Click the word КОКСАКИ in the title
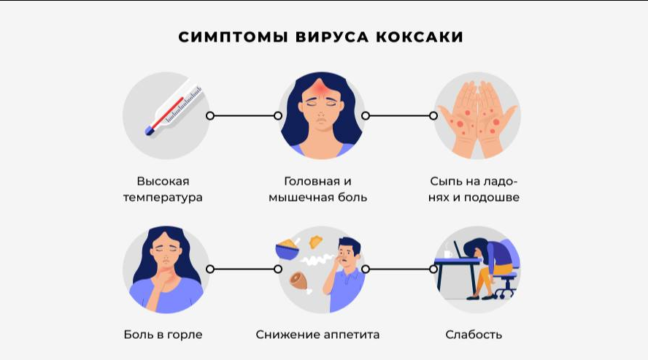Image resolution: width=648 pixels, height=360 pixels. (x=419, y=37)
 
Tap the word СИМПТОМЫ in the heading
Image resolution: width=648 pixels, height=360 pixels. (x=233, y=37)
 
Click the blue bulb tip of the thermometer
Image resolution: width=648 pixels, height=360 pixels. (x=150, y=131)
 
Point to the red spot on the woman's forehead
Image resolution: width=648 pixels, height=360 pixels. (x=321, y=88)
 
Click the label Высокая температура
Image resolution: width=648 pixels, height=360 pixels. (x=163, y=189)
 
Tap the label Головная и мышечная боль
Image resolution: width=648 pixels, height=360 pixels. (x=318, y=189)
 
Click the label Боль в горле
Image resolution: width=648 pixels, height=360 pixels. (x=163, y=334)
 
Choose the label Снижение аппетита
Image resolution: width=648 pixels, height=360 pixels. (x=317, y=334)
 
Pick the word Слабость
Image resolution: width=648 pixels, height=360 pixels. (x=474, y=334)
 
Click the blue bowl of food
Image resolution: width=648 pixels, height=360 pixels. (x=288, y=250)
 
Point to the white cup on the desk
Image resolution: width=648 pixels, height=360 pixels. (x=447, y=253)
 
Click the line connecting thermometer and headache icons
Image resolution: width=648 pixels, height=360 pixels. (x=244, y=115)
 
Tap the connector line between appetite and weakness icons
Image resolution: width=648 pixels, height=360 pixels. (x=399, y=269)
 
